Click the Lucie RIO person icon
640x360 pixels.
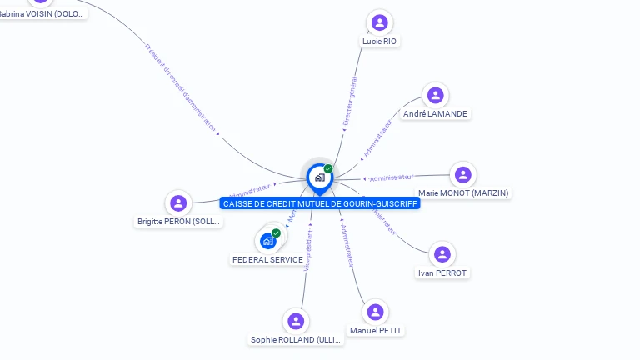pyautogui.click(x=380, y=22)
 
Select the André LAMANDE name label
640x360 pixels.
pyautogui.click(x=435, y=113)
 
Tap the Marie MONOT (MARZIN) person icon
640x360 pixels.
pyautogui.click(x=463, y=175)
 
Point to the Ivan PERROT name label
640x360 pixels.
pyautogui.click(x=442, y=272)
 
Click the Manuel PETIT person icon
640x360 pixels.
pyautogui.click(x=376, y=312)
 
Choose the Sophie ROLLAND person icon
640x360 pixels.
pyautogui.click(x=296, y=322)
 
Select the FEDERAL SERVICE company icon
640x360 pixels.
pyautogui.click(x=267, y=241)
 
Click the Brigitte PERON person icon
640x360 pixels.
pyautogui.click(x=178, y=203)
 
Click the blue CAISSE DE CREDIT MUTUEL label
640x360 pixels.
pyautogui.click(x=320, y=203)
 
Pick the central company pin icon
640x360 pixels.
pyautogui.click(x=319, y=177)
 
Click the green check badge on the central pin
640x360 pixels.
pyautogui.click(x=328, y=169)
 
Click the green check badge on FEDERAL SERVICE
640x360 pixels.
pyautogui.click(x=276, y=233)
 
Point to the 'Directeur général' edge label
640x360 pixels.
pyautogui.click(x=350, y=102)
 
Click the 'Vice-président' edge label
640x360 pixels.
pyautogui.click(x=307, y=249)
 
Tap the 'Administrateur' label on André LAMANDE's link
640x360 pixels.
pyautogui.click(x=377, y=138)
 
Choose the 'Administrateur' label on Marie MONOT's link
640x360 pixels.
pyautogui.click(x=391, y=177)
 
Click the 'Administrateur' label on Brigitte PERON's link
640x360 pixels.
pyautogui.click(x=250, y=192)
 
